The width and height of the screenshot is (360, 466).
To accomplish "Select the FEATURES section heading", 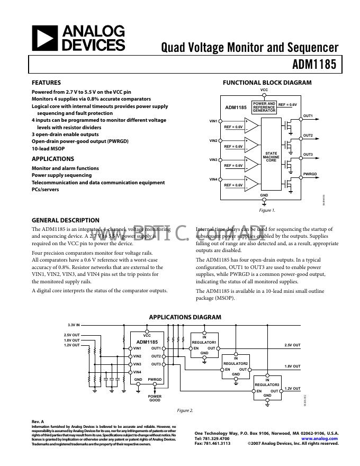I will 46,83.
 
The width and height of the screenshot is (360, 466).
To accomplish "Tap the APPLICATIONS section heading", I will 53,159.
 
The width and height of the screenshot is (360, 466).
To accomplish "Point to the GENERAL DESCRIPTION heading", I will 66,220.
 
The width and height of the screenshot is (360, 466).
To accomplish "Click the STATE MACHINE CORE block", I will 271,156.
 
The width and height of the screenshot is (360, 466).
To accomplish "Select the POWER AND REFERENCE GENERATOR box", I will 264,107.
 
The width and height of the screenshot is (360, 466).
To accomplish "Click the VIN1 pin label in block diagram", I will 213,121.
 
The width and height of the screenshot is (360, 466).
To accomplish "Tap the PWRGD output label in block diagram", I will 310,174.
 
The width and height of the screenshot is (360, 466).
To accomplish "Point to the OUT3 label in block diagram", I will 308,155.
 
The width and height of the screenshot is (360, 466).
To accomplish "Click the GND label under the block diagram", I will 264,195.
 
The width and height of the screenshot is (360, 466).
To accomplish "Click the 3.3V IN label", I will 73,325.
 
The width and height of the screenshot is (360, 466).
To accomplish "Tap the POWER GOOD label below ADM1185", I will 155,398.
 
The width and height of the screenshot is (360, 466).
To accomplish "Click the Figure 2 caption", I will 185,410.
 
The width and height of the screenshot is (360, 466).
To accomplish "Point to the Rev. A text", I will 38,422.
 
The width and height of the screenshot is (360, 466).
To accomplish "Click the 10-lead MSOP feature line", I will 48,149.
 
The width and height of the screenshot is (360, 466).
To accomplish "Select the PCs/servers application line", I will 45,190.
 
